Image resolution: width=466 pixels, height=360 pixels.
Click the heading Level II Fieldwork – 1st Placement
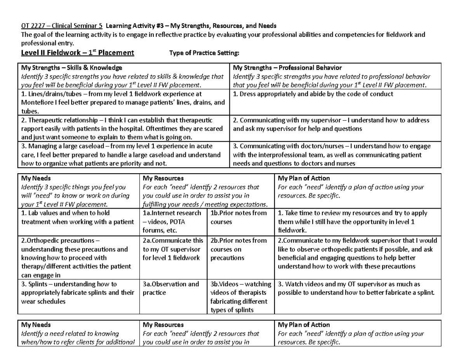pyautogui.click(x=77, y=53)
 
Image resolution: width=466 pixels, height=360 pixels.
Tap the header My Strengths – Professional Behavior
pyautogui.click(x=287, y=68)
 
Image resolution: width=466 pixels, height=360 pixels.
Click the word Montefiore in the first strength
pyautogui.click(x=39, y=103)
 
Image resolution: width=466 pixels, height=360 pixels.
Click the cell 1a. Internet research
pyautogui.click(x=173, y=222)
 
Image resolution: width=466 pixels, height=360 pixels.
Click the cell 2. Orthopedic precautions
pyautogui.click(x=78, y=258)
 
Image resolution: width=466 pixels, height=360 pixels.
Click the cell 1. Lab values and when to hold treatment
pyautogui.click(x=78, y=217)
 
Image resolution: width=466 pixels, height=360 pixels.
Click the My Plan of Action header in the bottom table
pyautogui.click(x=304, y=325)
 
